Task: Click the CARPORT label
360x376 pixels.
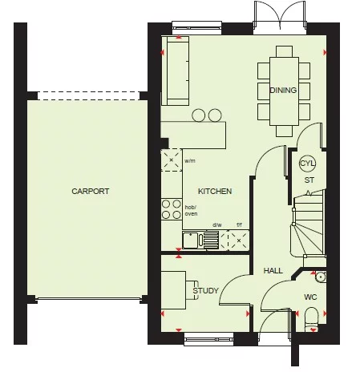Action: (90, 192)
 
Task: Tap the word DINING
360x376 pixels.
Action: (283, 91)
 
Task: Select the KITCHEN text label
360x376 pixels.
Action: (216, 192)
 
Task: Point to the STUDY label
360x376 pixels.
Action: (205, 291)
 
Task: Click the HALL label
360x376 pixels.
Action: (273, 271)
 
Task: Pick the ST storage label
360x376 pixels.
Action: (309, 180)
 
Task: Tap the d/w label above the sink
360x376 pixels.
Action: (216, 225)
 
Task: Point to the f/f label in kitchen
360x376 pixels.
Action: (238, 225)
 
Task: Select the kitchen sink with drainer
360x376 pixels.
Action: (201, 240)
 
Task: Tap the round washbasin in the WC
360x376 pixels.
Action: (320, 277)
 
